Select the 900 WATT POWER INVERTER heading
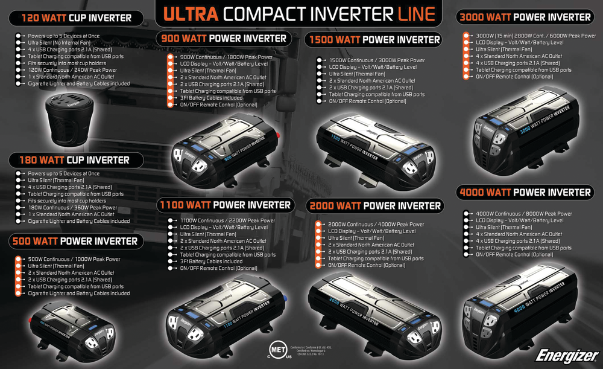click(224, 39)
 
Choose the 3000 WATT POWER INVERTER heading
click(525, 18)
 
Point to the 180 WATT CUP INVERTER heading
click(75, 160)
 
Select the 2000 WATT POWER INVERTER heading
click(374, 206)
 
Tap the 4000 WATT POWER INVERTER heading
click(525, 193)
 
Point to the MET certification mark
click(276, 352)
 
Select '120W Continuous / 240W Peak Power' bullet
click(72, 70)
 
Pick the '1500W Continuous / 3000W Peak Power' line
click(377, 60)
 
